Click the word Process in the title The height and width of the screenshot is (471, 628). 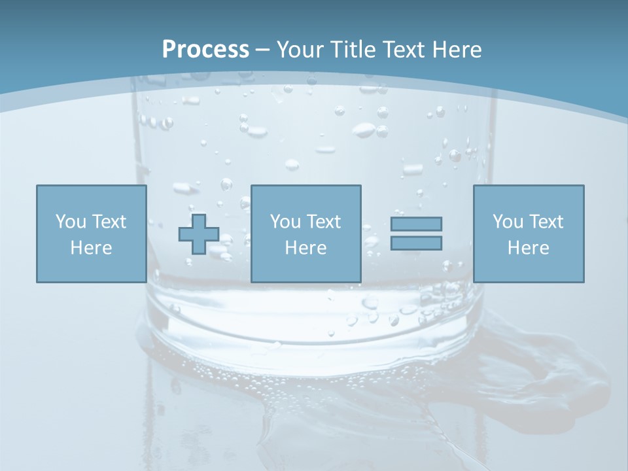(205, 50)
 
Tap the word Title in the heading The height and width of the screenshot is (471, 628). (351, 50)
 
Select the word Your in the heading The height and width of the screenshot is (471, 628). (300, 50)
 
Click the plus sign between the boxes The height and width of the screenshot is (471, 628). (199, 234)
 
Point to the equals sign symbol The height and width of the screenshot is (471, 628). (416, 234)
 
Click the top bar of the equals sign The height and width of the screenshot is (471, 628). (416, 224)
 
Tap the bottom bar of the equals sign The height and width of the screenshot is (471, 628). (416, 243)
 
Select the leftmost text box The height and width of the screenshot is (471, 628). (91, 234)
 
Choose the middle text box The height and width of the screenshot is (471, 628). (305, 234)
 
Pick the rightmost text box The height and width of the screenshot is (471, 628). (528, 234)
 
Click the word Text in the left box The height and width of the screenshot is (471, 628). (109, 222)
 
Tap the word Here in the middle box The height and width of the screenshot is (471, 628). (305, 248)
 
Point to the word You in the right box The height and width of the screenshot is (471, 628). (508, 222)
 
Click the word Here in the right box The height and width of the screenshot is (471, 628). (528, 248)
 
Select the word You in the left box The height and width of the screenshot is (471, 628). (71, 222)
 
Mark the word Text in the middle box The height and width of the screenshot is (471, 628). (323, 222)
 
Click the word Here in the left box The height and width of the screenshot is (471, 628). (91, 248)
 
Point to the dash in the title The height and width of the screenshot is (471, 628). (263, 50)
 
